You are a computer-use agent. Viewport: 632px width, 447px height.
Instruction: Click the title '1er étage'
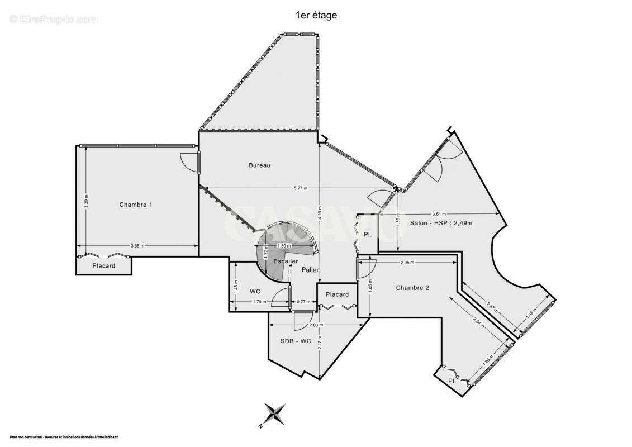coord(316,16)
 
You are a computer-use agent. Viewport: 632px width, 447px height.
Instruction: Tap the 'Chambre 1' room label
coord(136,205)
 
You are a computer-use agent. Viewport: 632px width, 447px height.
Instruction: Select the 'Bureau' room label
coord(259,165)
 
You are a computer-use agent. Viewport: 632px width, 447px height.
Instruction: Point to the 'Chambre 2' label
coord(412,288)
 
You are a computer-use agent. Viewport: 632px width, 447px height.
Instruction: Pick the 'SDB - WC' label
coord(295,341)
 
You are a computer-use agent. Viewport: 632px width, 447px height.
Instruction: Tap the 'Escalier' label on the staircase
coord(286,261)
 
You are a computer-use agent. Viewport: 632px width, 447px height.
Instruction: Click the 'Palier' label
coord(310,270)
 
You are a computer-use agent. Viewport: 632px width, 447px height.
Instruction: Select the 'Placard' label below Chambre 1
coord(104,266)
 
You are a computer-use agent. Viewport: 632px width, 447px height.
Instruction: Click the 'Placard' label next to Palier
coord(337,294)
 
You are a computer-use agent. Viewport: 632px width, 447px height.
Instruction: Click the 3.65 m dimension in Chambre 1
coord(137,246)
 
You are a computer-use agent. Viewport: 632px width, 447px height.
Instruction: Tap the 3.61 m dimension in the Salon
coord(440,214)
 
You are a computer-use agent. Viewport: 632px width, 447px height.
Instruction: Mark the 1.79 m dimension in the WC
coord(258,302)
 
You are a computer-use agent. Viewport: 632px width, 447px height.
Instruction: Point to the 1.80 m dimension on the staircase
coord(284,246)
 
